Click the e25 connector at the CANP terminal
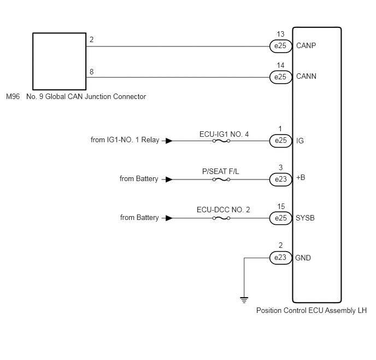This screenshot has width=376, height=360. click(281, 46)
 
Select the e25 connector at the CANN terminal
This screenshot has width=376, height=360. click(281, 77)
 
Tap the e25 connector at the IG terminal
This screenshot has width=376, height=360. click(281, 141)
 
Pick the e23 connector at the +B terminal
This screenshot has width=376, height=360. click(281, 179)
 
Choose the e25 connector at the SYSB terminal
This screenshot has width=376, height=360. click(281, 218)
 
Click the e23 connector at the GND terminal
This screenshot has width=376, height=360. click(281, 258)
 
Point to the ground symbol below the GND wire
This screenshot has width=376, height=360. click(244, 300)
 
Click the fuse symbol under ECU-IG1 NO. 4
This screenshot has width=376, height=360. click(221, 141)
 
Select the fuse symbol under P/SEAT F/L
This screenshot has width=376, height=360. click(221, 179)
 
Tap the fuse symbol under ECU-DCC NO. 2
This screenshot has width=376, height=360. click(221, 218)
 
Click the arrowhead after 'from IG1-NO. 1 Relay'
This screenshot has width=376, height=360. click(169, 141)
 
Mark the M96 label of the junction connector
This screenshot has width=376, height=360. click(13, 96)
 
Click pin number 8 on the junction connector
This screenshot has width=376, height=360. click(92, 72)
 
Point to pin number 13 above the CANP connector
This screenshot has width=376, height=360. click(280, 34)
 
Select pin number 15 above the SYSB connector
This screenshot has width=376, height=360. click(281, 206)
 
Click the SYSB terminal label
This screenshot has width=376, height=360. click(305, 218)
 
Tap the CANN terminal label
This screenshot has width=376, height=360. click(306, 76)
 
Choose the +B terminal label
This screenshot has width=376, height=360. click(301, 178)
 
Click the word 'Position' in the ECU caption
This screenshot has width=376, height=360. click(269, 310)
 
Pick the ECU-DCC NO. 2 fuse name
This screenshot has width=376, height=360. click(223, 210)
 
